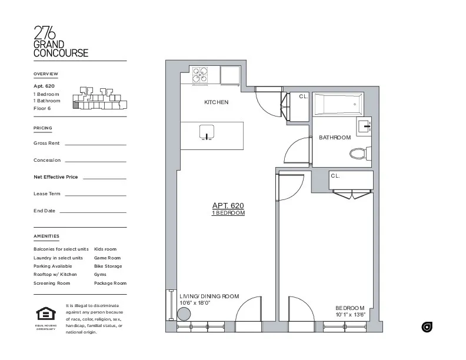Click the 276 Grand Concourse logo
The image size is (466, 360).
[x=61, y=42]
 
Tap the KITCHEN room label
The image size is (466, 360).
[x=216, y=102]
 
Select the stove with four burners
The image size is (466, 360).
[x=201, y=74]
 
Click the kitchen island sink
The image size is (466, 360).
[x=207, y=132]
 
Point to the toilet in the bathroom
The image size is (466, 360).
[x=358, y=154]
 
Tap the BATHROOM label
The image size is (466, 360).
[x=334, y=138]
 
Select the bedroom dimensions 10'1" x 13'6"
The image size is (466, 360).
[x=350, y=315]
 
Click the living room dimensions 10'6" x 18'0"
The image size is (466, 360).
[x=195, y=303]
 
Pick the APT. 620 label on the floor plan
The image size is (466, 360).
[x=228, y=205]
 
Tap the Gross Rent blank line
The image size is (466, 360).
[x=95, y=144]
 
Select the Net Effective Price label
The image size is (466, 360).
[x=55, y=176]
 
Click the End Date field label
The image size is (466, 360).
[x=44, y=211]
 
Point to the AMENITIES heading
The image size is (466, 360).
[x=46, y=236]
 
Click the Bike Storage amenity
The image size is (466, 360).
[x=108, y=266]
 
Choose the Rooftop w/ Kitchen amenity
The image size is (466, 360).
[x=55, y=275]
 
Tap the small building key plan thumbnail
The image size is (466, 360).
[x=98, y=98]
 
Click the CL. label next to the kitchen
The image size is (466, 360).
[x=304, y=96]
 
